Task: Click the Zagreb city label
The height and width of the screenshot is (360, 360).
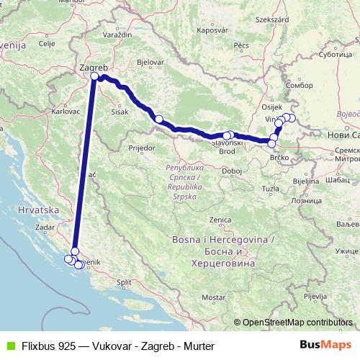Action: (91, 68)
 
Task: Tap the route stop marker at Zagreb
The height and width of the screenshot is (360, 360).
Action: (94, 78)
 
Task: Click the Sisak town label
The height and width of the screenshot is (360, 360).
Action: (120, 112)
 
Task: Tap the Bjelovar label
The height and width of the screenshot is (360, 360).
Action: (150, 63)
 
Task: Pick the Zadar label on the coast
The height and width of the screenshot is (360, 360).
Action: (45, 227)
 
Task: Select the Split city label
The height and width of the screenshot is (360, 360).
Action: (125, 282)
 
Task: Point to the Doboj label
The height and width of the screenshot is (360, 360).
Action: (232, 170)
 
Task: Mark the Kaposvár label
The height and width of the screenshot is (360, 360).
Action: (212, 30)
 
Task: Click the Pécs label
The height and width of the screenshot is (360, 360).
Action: (240, 45)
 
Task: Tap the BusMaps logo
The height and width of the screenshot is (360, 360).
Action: (330, 345)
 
